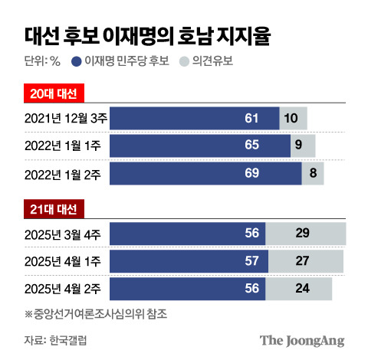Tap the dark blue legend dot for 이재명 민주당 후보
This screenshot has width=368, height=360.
click(76, 61)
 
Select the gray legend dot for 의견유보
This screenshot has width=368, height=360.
click(182, 61)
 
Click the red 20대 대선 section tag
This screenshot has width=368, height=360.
click(53, 93)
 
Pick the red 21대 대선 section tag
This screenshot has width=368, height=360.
click(53, 208)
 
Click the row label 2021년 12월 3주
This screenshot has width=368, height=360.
click(67, 118)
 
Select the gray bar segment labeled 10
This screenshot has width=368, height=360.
click(293, 118)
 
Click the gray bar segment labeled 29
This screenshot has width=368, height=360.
click(305, 233)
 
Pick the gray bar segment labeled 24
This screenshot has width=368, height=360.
click(298, 289)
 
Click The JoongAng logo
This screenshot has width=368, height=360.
click(301, 339)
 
